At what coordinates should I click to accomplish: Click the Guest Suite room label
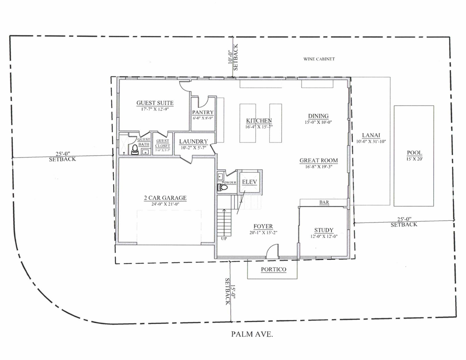pyautogui.click(x=155, y=103)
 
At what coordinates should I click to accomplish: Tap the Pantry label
pyautogui.click(x=203, y=112)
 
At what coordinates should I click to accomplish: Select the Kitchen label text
pyautogui.click(x=259, y=121)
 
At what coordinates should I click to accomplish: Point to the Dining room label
pyautogui.click(x=318, y=116)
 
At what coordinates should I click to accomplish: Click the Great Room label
pyautogui.click(x=319, y=161)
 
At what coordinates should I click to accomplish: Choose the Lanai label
pyautogui.click(x=371, y=135)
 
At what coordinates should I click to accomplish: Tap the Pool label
pyautogui.click(x=415, y=153)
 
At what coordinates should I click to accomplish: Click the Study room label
pyautogui.click(x=324, y=230)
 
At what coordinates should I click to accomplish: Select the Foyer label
pyautogui.click(x=263, y=227)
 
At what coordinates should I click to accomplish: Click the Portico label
pyautogui.click(x=274, y=269)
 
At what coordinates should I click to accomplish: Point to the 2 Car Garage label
pyautogui.click(x=165, y=198)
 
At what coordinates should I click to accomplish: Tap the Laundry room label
pyautogui.click(x=193, y=142)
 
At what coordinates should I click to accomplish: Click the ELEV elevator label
pyautogui.click(x=250, y=182)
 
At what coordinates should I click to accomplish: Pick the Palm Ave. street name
pyautogui.click(x=252, y=334)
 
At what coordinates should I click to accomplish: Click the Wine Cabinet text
pyautogui.click(x=319, y=59)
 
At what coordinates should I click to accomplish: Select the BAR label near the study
pyautogui.click(x=324, y=203)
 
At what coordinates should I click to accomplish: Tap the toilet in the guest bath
pyautogui.click(x=135, y=150)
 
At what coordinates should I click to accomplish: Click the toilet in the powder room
pyautogui.click(x=223, y=188)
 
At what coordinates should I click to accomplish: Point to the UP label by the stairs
pyautogui.click(x=224, y=238)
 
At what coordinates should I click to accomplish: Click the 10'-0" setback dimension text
pyautogui.click(x=230, y=57)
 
